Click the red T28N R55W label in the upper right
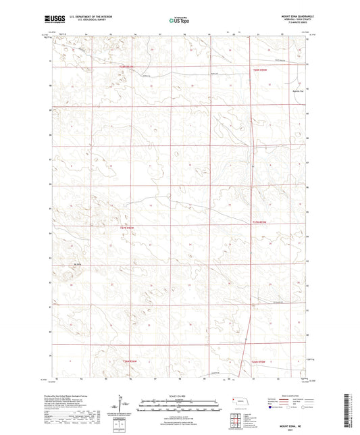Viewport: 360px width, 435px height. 261,70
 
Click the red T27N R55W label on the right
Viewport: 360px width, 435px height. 260,222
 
